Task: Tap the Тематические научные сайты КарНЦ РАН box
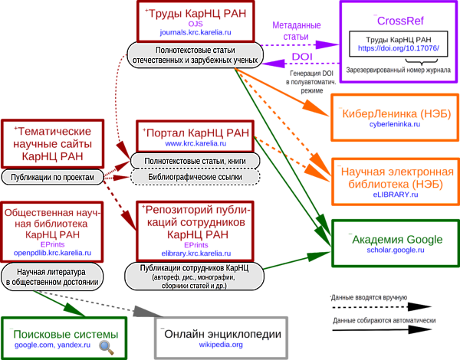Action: [51, 143]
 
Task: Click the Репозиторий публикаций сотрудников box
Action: [196, 230]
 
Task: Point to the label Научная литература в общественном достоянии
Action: [52, 277]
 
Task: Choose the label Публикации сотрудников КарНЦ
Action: [195, 277]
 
